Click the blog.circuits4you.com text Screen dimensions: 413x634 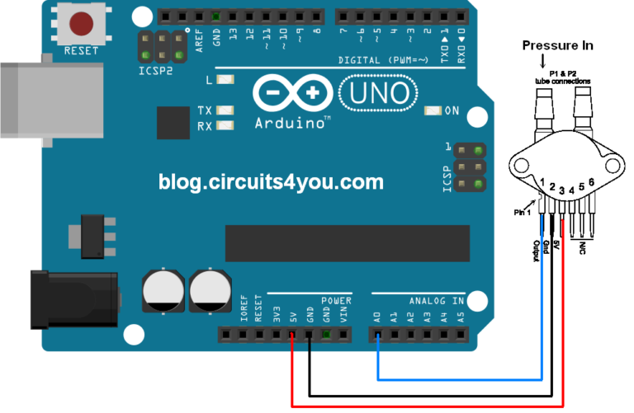pyautogui.click(x=271, y=181)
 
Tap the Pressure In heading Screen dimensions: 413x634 pyautogui.click(x=557, y=45)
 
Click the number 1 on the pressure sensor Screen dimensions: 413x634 pyautogui.click(x=541, y=181)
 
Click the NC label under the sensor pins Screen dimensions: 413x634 pyautogui.click(x=583, y=247)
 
